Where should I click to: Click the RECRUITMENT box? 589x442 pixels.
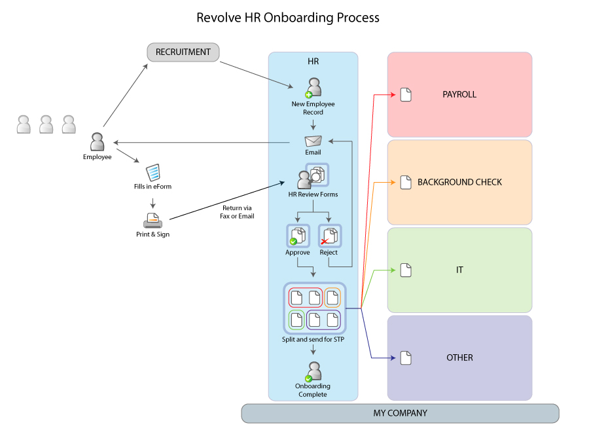point(183,52)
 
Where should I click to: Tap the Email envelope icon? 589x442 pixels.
point(313,141)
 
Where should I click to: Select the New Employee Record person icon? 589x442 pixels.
point(313,88)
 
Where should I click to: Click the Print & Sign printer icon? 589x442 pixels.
point(152,220)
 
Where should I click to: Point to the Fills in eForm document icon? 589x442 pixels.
point(152,172)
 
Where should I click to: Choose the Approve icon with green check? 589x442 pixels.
point(298,236)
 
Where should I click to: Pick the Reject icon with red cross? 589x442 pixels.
point(329,236)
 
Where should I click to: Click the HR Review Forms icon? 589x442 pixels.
point(312,177)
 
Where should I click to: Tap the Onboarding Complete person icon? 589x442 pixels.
point(313,372)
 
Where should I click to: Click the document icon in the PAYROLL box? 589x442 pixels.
point(406,95)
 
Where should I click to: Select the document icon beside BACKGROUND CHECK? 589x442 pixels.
point(406,182)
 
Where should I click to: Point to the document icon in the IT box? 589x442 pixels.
point(406,270)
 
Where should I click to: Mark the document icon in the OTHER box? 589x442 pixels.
point(406,358)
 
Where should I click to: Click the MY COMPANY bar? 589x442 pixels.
point(400,413)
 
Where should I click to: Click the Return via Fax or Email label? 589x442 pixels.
point(237,212)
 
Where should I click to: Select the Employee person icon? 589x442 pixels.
point(97,142)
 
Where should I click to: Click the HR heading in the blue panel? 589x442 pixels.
point(313,62)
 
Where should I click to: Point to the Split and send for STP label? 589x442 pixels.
point(313,339)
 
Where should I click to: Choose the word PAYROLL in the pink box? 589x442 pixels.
point(459,95)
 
